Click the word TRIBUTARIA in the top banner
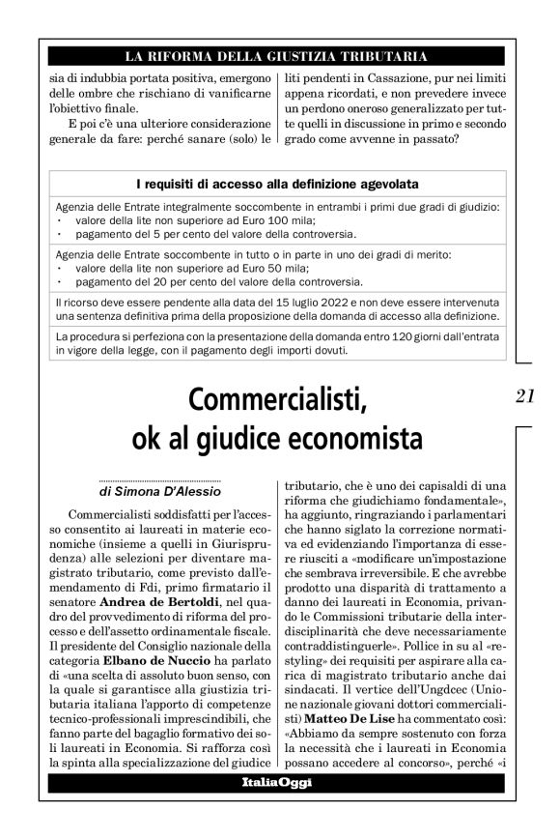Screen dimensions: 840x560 [x=378, y=57]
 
